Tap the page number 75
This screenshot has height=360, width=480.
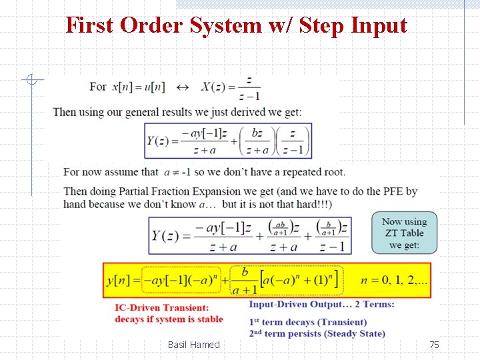pos(434,345)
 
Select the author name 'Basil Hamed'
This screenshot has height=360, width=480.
pos(193,345)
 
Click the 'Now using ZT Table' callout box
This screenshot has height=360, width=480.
pos(405,233)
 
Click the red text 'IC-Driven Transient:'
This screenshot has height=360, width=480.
pos(161,307)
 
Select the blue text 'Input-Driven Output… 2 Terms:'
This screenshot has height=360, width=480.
pos(321,305)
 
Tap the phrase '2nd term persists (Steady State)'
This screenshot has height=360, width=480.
pos(317,333)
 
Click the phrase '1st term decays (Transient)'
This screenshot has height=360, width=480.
pos(307,323)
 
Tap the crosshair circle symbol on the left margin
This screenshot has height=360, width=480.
pos(31,81)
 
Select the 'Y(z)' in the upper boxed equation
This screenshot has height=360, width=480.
pos(162,141)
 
